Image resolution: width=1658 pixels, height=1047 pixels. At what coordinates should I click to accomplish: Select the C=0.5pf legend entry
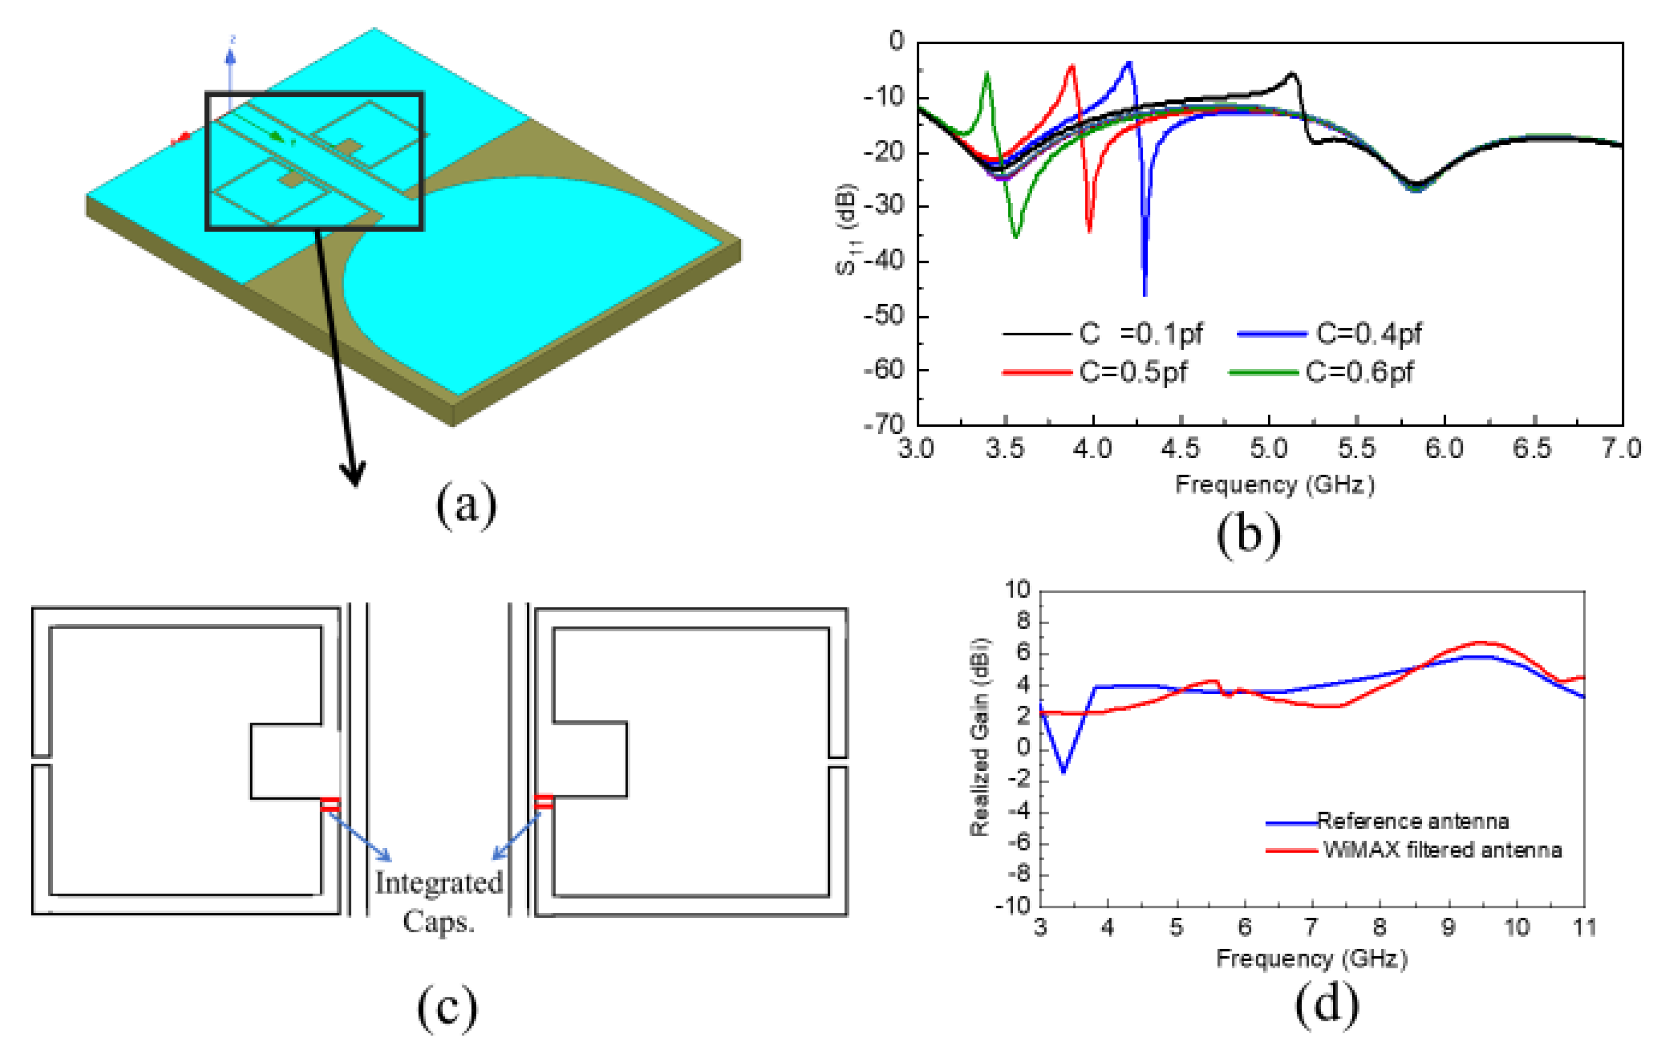tap(1133, 372)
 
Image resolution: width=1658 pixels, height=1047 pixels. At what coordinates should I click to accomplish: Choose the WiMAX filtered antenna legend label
tap(1442, 850)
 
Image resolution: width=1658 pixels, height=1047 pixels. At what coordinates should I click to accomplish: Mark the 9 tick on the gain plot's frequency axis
tap(1448, 927)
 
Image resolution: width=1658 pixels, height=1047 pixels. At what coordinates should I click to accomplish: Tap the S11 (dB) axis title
tap(846, 229)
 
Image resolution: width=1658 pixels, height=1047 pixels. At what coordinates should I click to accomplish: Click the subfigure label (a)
tap(466, 506)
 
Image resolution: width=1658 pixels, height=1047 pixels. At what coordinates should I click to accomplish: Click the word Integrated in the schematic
tap(439, 883)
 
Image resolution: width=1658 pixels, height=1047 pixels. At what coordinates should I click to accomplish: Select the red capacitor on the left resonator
tap(331, 804)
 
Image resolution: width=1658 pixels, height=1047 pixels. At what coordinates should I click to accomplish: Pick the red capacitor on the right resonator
tap(544, 801)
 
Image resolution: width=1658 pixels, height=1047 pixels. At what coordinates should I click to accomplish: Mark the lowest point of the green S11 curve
tap(1016, 237)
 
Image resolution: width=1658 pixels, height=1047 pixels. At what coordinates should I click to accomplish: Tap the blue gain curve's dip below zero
tap(1064, 772)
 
